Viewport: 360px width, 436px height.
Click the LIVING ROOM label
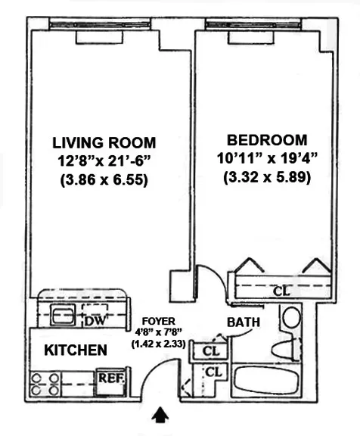coord(104,143)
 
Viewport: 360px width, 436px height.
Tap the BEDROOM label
coord(267,140)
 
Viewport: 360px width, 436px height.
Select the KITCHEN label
coord(75,350)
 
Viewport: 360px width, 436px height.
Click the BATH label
coord(244,322)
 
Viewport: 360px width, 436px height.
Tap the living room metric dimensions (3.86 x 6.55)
coord(104,181)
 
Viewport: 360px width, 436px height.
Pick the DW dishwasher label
coord(95,321)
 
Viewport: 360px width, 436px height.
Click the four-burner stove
coord(45,383)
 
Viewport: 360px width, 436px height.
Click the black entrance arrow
coord(161,416)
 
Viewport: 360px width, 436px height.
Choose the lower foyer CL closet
coord(214,372)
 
